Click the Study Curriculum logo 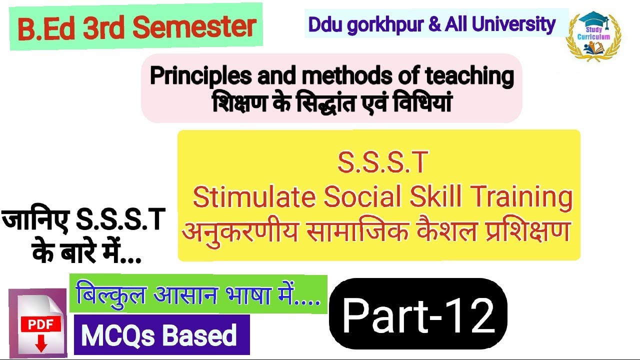tap(593, 36)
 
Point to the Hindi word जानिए tap(35, 220)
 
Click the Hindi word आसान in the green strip tap(188, 295)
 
